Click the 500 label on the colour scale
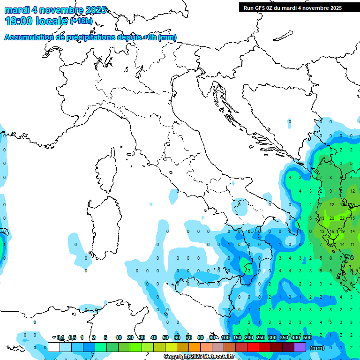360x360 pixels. [x=307, y=337]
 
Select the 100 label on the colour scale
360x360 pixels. [x=225, y=337]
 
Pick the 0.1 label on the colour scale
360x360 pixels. [x=60, y=337]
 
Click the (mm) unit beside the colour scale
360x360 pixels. [x=318, y=348]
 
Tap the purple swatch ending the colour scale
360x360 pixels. [x=300, y=347]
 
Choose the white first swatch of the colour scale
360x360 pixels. [x=54, y=347]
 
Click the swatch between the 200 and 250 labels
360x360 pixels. [x=253, y=347]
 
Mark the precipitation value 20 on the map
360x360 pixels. [x=332, y=218]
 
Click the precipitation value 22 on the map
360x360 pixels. [x=343, y=218]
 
